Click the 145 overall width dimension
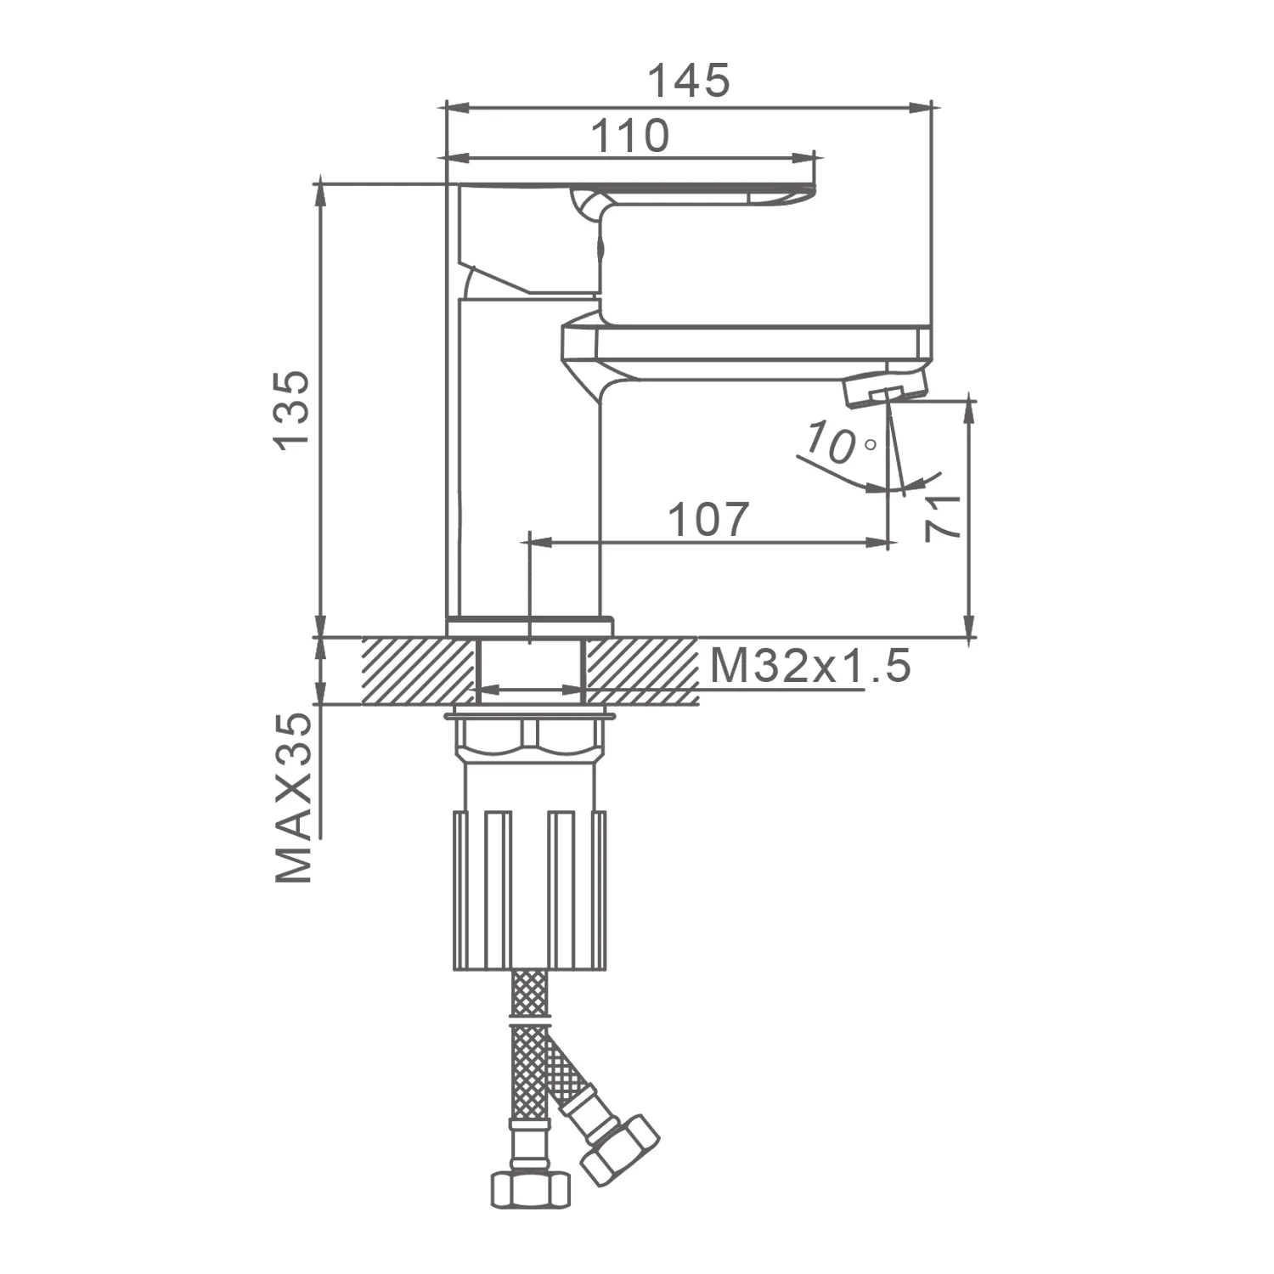point(689,81)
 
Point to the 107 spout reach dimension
point(709,519)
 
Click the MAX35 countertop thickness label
point(294,797)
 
